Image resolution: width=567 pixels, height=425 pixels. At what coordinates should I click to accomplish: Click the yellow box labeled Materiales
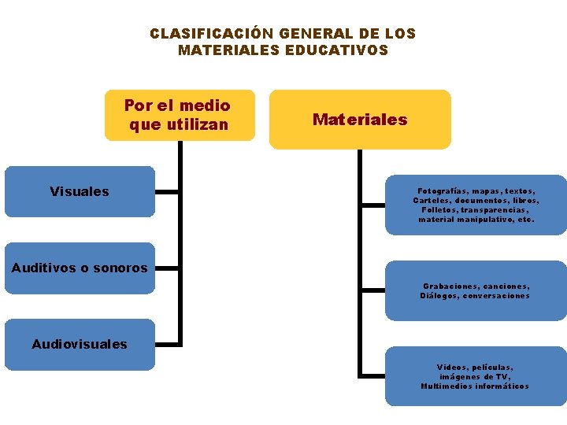(x=360, y=120)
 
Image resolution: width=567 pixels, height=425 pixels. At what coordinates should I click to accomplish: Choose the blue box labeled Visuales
(x=80, y=191)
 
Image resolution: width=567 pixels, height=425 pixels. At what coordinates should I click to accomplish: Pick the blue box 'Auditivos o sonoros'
(x=80, y=268)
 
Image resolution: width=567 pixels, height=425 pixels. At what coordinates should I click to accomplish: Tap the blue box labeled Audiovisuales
(x=80, y=344)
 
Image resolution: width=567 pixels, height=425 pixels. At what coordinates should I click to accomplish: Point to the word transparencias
(x=495, y=210)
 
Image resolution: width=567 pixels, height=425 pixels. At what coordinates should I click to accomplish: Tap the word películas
(x=493, y=368)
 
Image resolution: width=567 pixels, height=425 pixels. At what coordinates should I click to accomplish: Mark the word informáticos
(x=503, y=386)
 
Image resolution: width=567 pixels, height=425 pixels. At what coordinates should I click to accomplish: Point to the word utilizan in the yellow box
(x=198, y=124)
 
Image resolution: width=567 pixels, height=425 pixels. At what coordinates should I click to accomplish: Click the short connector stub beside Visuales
(x=167, y=191)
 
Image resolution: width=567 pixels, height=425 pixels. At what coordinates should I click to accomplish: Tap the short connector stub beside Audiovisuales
(x=167, y=344)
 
